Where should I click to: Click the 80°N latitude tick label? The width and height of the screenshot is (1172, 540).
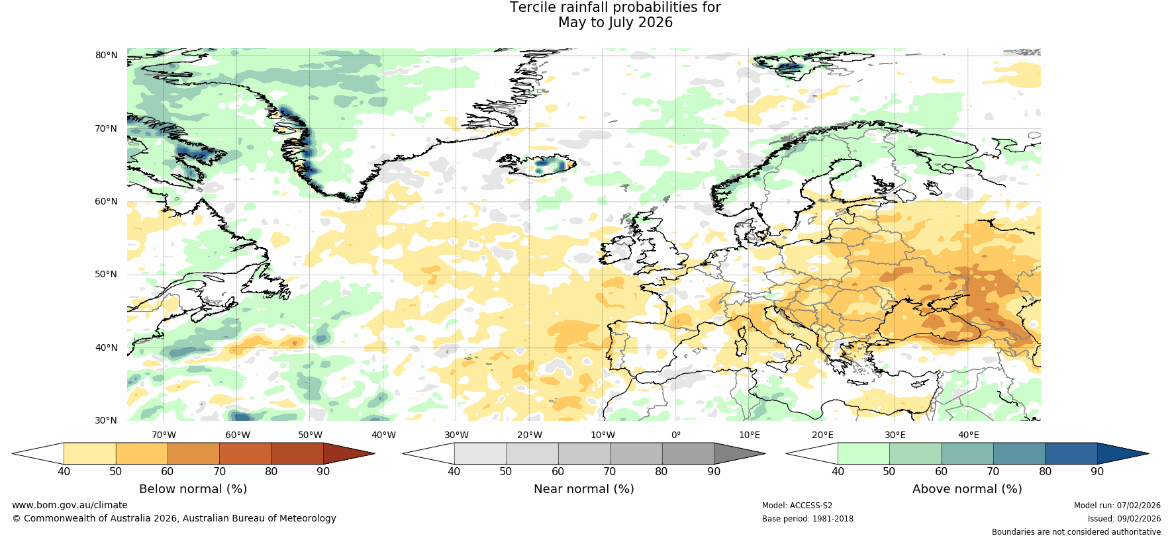[106, 56]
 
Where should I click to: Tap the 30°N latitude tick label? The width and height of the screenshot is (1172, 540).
[106, 421]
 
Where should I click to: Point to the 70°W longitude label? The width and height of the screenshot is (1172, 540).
[164, 435]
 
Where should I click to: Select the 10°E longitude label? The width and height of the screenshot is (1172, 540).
[750, 435]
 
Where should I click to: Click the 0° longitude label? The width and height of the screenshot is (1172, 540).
[676, 435]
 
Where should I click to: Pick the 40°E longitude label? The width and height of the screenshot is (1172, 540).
[969, 435]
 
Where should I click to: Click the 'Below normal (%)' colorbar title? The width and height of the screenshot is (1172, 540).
[193, 489]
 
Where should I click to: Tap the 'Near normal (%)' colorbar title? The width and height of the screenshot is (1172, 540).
[583, 489]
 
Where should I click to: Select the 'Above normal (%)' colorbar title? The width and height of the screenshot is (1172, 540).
[967, 489]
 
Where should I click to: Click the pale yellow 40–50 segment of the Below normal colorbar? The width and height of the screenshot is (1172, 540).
[89, 453]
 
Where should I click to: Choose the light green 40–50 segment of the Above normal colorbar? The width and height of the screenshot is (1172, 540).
[863, 453]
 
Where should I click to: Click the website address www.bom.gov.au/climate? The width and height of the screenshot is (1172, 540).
[70, 506]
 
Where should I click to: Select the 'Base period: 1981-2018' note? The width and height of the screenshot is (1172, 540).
[807, 519]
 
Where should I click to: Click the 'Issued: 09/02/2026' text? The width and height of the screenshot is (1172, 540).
[1124, 519]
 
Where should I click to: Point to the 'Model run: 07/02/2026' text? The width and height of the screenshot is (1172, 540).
[1117, 506]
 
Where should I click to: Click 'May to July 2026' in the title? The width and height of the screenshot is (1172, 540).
[615, 22]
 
